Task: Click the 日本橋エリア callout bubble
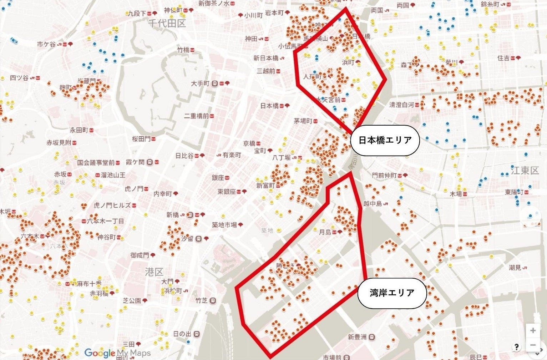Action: pyautogui.click(x=385, y=140)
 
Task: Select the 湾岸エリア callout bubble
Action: pyautogui.click(x=392, y=293)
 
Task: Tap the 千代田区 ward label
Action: pyautogui.click(x=167, y=24)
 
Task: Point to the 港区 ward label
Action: pyautogui.click(x=154, y=272)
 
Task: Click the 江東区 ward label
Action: pyautogui.click(x=524, y=171)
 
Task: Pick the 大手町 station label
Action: pyautogui.click(x=200, y=83)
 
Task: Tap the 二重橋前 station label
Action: pyautogui.click(x=197, y=116)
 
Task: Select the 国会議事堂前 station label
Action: pyautogui.click(x=96, y=163)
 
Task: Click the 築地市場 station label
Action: pyautogui.click(x=224, y=225)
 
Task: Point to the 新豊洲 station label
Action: pyautogui.click(x=357, y=337)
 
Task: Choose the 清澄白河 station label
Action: pyautogui.click(x=401, y=105)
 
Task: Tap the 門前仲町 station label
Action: pyautogui.click(x=384, y=176)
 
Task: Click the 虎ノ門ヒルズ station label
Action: pyautogui.click(x=112, y=206)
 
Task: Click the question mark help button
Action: pyautogui.click(x=516, y=346)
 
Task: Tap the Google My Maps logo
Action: pyautogui.click(x=117, y=353)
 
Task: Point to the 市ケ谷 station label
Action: pyautogui.click(x=46, y=45)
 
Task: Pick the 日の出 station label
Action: pyautogui.click(x=182, y=334)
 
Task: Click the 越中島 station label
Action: pyautogui.click(x=373, y=204)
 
